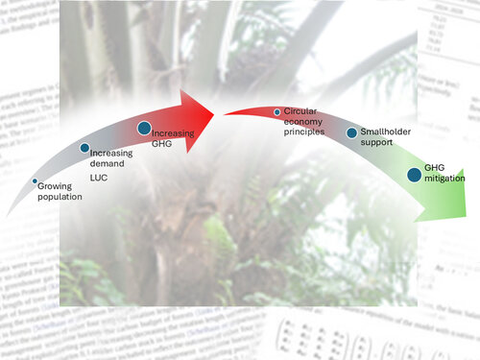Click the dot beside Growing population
(x=36, y=181)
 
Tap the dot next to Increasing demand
(x=84, y=148)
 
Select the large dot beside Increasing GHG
(x=144, y=128)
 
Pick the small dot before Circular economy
(x=276, y=113)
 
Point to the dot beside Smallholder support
(x=351, y=132)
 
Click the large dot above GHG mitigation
(x=414, y=174)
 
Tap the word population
(x=60, y=196)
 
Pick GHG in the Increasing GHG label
(x=161, y=142)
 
